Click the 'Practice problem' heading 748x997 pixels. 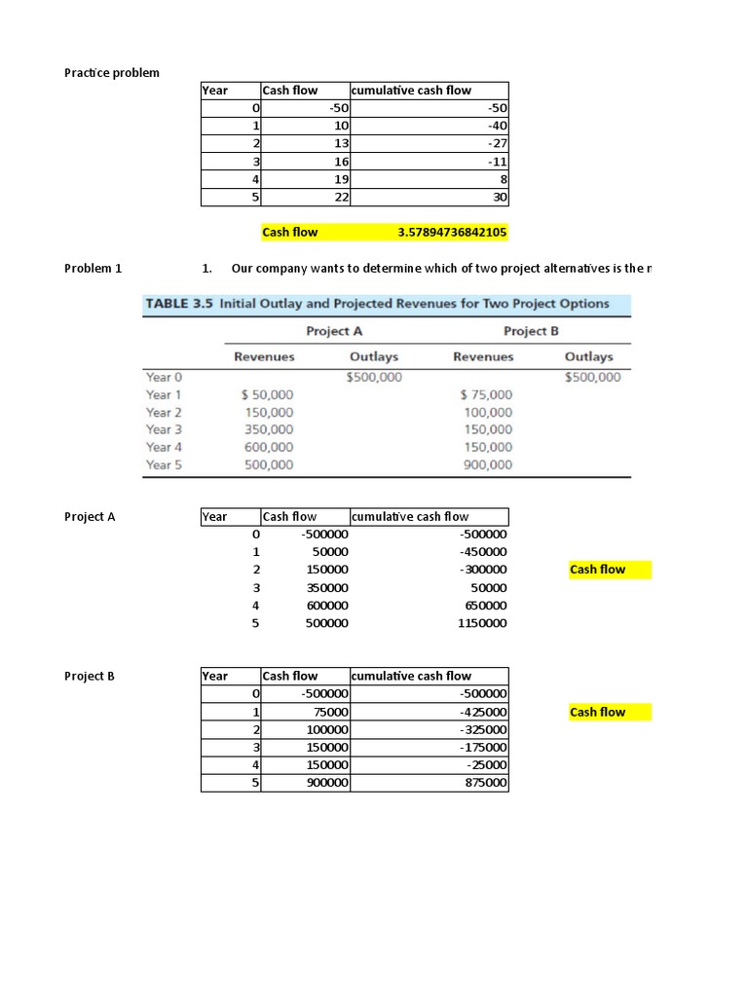click(x=112, y=73)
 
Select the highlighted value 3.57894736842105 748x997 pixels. click(x=452, y=233)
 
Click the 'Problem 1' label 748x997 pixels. click(x=93, y=269)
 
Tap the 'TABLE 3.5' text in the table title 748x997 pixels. click(x=179, y=304)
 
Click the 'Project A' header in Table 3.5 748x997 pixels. click(x=327, y=331)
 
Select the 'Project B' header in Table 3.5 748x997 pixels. click(x=532, y=331)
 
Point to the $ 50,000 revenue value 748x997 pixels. click(x=266, y=395)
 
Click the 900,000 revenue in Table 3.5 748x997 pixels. click(x=487, y=465)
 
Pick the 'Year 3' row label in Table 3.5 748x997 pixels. click(x=164, y=429)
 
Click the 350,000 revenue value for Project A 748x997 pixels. click(x=268, y=429)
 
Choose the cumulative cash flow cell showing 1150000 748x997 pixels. click(x=481, y=623)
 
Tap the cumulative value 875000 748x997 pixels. click(x=483, y=783)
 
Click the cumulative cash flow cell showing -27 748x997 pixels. click(x=498, y=143)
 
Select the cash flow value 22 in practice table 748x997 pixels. click(x=341, y=197)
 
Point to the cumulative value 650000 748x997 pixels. click(x=484, y=606)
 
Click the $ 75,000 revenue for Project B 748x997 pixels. click(x=486, y=395)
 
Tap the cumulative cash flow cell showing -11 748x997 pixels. click(x=498, y=162)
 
